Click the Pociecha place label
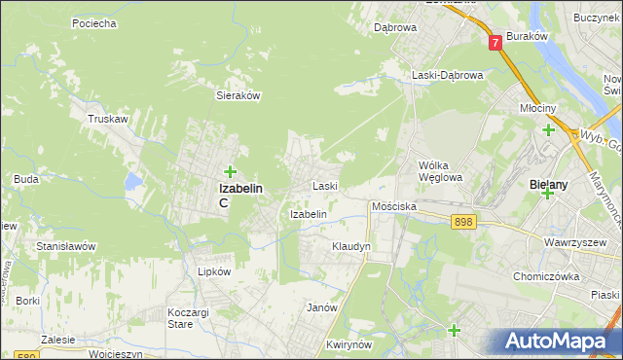tap(94, 22)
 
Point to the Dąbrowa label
tap(395, 27)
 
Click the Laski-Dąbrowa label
tap(447, 75)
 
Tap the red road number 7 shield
tap(495, 43)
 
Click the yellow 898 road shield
tap(463, 223)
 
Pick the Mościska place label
tap(394, 207)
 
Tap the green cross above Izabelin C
tap(230, 172)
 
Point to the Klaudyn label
tap(351, 247)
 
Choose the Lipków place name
tap(214, 272)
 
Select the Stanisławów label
tap(65, 246)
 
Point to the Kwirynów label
tap(351, 344)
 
